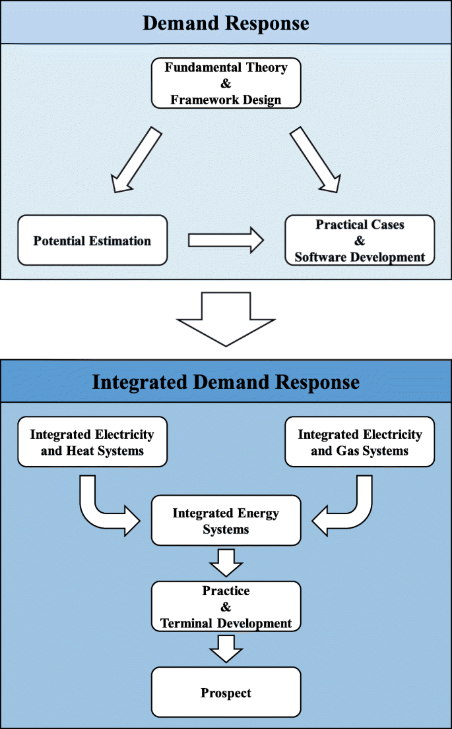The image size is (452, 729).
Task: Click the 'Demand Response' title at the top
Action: [x=226, y=23]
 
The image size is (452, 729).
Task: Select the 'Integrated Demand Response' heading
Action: [x=226, y=382]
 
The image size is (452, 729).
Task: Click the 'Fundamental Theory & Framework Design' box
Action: [x=226, y=83]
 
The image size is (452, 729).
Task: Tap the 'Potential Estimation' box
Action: [x=92, y=241]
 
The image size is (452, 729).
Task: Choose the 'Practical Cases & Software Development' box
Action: [x=360, y=241]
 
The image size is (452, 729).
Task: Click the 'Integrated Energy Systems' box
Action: [x=226, y=521]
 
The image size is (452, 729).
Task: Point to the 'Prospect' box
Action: [x=226, y=693]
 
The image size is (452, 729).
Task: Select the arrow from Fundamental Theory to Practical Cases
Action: [x=315, y=160]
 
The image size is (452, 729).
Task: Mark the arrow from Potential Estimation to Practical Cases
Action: [x=225, y=240]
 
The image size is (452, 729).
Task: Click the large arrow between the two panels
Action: [x=226, y=318]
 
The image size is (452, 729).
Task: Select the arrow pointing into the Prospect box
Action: [x=226, y=649]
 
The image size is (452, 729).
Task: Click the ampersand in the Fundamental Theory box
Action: [x=226, y=84]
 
